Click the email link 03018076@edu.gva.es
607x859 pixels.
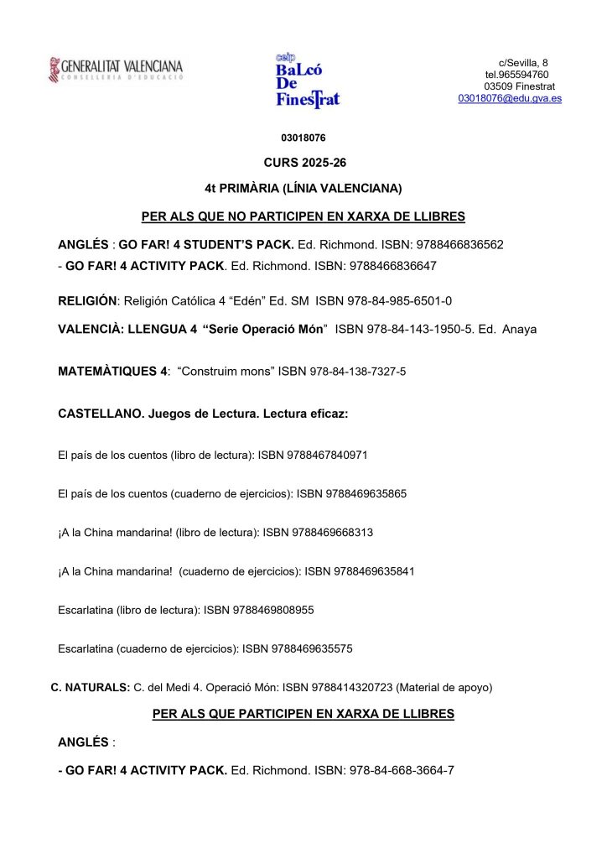pyautogui.click(x=510, y=98)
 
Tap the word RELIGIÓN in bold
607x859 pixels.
pyautogui.click(x=89, y=300)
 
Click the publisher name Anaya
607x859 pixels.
pyautogui.click(x=518, y=329)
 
